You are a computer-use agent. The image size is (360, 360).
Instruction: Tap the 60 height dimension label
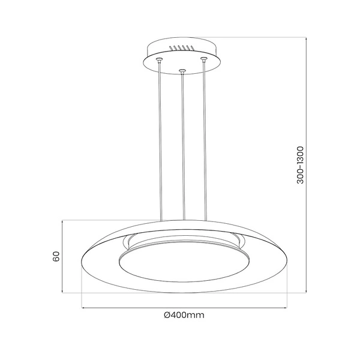[x=56, y=257]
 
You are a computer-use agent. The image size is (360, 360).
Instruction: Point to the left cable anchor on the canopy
[x=160, y=60]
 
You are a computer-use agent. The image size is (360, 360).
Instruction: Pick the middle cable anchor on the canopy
[x=182, y=73]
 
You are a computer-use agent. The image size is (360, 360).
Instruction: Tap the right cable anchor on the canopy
[x=204, y=59]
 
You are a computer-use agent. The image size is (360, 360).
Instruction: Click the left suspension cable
[x=160, y=138]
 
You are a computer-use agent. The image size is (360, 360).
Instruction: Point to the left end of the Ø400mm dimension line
[x=82, y=308]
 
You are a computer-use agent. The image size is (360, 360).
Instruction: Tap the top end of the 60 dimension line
[x=63, y=220]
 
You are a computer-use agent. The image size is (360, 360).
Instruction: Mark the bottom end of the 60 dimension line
[x=63, y=293]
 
